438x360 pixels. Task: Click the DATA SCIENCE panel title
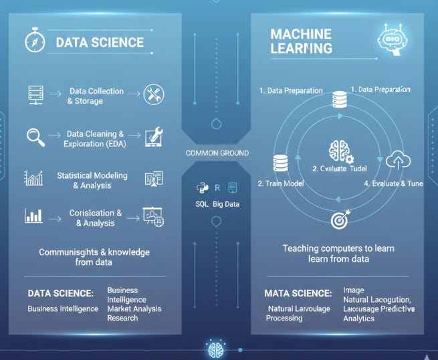(x=100, y=42)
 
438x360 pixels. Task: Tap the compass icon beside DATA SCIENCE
(x=35, y=41)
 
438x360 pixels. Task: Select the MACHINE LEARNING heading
(x=301, y=41)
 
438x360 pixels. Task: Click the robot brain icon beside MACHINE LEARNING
(x=390, y=39)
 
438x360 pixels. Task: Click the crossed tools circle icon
(x=153, y=94)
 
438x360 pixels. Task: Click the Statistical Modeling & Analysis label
(x=92, y=180)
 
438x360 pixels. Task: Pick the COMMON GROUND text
(x=217, y=153)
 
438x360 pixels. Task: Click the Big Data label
(x=226, y=204)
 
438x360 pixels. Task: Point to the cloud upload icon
(x=399, y=161)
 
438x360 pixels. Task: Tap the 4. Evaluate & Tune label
(x=393, y=183)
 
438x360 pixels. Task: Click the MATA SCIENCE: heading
(x=298, y=293)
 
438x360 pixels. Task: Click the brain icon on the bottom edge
(x=215, y=349)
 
